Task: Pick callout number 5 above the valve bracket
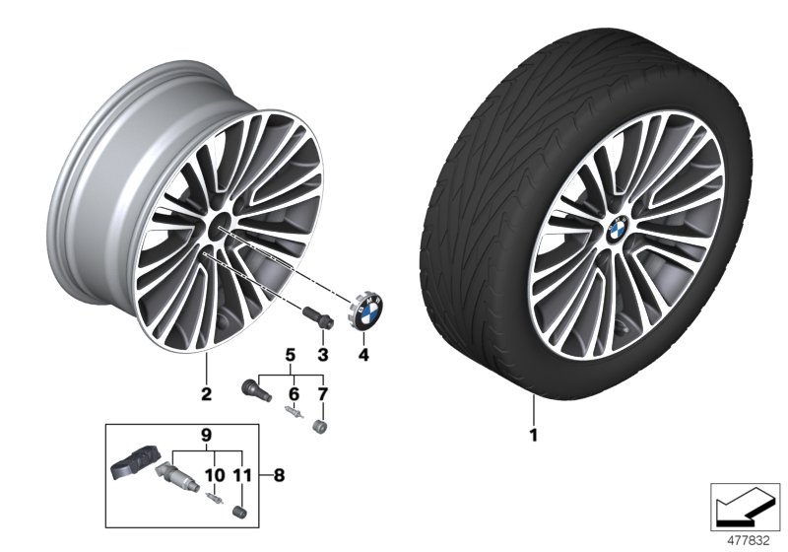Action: pos(291,353)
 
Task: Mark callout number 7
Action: pos(319,393)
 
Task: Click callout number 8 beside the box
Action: pos(279,474)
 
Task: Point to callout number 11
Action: pos(238,473)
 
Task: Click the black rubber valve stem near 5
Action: pos(253,387)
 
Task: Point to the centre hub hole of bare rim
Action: pos(218,228)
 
